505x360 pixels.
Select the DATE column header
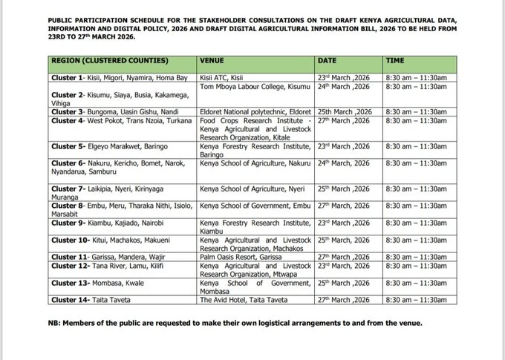tap(329, 59)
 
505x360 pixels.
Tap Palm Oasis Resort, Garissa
tap(238, 256)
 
